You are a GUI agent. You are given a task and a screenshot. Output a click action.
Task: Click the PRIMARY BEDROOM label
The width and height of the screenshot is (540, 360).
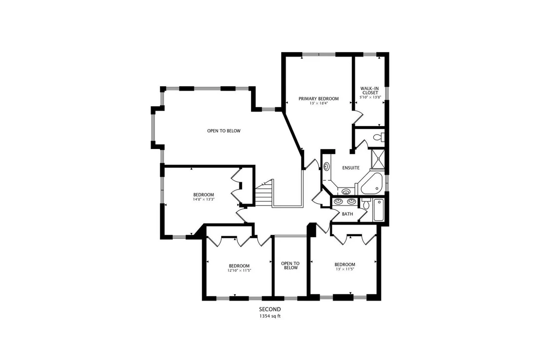[x=318, y=99]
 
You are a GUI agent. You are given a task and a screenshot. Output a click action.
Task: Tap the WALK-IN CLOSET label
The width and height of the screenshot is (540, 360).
[x=370, y=91]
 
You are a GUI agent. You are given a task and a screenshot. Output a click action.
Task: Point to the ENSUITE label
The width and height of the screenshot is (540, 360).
[x=350, y=168]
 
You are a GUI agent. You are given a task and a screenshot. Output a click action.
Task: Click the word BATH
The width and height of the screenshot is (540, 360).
[x=347, y=214]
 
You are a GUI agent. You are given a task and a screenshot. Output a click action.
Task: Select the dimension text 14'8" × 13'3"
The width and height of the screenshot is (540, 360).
[x=204, y=199]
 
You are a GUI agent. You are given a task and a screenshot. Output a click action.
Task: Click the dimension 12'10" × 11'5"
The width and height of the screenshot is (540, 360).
[x=239, y=270]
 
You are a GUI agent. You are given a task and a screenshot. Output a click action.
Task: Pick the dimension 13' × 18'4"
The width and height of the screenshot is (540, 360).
[x=318, y=103]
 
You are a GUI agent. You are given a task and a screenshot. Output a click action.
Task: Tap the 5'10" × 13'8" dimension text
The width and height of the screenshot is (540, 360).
[x=370, y=97]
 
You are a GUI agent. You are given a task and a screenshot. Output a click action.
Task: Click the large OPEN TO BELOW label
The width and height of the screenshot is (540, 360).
[x=224, y=131]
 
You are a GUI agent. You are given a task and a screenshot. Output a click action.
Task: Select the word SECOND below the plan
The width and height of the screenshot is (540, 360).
[x=270, y=309]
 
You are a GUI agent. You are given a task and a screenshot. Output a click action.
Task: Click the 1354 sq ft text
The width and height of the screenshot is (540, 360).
[x=270, y=316]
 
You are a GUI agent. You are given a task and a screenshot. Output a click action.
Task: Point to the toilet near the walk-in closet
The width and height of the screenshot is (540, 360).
[x=378, y=137]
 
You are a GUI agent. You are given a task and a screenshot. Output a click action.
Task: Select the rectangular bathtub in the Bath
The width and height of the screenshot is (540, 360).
[x=378, y=210]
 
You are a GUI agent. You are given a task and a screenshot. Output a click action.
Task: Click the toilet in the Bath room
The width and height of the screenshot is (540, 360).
[x=366, y=204]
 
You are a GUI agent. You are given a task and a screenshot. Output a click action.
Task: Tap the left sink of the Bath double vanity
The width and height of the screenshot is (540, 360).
[x=338, y=201]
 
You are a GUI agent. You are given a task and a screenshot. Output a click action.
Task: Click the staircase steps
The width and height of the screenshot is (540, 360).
[x=264, y=194]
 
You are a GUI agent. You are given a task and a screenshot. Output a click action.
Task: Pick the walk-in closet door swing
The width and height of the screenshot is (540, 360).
[x=357, y=117]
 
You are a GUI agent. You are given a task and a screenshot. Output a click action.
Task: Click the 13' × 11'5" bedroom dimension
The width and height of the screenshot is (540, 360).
[x=345, y=269]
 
